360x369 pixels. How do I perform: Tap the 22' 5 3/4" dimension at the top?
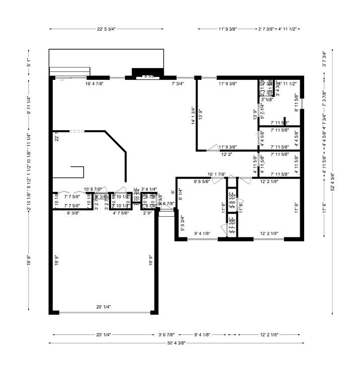click(x=107, y=29)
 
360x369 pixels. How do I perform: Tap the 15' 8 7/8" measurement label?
click(x=94, y=189)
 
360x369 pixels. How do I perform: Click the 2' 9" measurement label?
click(x=147, y=213)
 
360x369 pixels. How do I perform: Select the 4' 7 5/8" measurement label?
click(x=121, y=213)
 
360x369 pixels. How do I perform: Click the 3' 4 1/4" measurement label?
click(x=149, y=189)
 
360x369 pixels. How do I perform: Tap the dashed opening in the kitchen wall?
click(x=77, y=131)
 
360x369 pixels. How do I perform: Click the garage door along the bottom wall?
click(x=104, y=313)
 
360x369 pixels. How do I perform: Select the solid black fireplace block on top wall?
click(x=146, y=72)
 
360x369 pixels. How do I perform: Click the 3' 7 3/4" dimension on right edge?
click(x=325, y=59)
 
